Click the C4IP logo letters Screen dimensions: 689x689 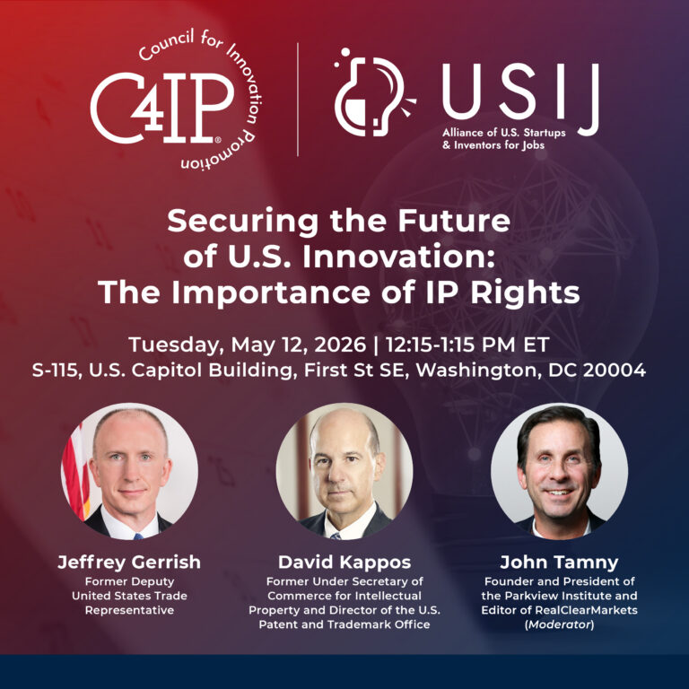click(161, 108)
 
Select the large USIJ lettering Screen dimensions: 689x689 click(520, 96)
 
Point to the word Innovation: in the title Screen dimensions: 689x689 click(398, 257)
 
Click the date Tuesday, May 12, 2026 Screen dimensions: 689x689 click(247, 344)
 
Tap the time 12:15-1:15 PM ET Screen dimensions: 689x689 click(467, 344)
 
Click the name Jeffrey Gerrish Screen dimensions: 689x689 click(129, 563)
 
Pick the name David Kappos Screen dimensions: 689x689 click(344, 563)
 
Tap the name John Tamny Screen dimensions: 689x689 click(559, 563)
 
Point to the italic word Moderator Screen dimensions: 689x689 click(559, 624)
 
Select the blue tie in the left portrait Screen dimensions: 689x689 click(138, 536)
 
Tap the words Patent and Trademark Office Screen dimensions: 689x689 click(344, 624)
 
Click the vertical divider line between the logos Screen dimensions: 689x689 click(298, 100)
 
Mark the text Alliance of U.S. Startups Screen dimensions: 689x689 click(504, 132)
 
